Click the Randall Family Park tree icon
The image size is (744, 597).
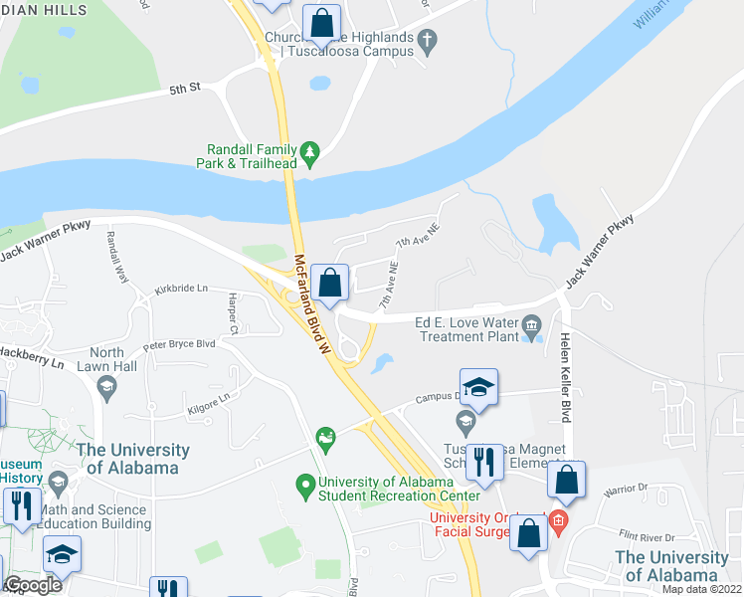tap(311, 150)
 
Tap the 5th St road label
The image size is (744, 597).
tap(185, 88)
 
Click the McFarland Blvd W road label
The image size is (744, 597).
tap(310, 305)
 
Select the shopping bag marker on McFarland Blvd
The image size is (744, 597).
tap(329, 283)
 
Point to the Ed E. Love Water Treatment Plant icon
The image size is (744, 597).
tap(531, 323)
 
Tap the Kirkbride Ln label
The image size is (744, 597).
tap(181, 290)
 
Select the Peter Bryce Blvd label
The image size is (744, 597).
tap(179, 345)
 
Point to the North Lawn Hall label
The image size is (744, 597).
tap(107, 359)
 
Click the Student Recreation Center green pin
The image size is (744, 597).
tap(306, 485)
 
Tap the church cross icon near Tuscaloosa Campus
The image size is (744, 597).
tap(428, 42)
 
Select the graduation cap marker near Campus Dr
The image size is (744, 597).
tap(478, 388)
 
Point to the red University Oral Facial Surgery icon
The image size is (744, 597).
tap(558, 518)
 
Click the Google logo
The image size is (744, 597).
tap(32, 585)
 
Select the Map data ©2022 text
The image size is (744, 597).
tap(701, 589)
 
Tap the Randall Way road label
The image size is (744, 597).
tap(117, 257)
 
